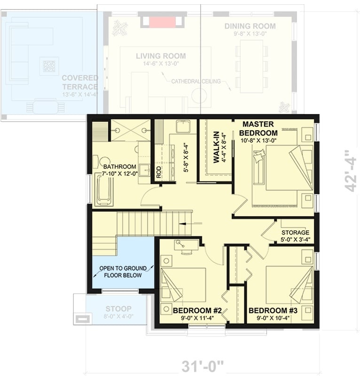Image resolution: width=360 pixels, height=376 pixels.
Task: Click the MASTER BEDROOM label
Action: pos(260,128)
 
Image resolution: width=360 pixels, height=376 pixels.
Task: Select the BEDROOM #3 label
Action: pos(273,311)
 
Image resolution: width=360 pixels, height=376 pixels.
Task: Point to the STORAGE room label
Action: pos(295,233)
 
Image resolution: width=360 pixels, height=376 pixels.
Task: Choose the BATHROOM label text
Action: pos(120,167)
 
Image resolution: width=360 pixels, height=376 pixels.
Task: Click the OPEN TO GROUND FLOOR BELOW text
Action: pos(123,272)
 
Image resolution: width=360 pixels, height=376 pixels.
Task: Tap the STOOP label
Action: pos(118,309)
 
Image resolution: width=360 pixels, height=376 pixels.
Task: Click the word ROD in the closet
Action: pos(159,172)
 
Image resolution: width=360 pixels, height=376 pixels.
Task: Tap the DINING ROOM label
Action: pos(250,26)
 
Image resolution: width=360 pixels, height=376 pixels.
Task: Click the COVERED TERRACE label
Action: pos(79,82)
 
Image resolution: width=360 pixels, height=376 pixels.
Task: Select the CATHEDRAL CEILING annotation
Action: pos(196,81)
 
